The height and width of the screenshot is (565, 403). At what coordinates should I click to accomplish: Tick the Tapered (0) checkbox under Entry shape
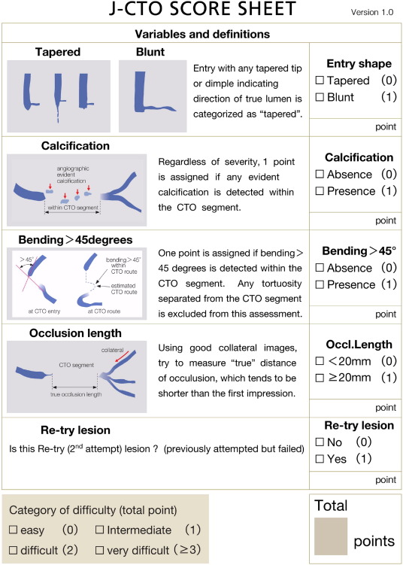click(x=320, y=81)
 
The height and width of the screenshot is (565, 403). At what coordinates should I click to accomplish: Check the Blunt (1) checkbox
click(x=320, y=97)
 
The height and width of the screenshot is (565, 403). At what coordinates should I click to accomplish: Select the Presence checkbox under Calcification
click(x=320, y=191)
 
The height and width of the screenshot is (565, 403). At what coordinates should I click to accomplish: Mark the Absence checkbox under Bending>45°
click(x=320, y=267)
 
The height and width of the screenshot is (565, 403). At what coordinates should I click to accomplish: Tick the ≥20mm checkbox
click(x=320, y=377)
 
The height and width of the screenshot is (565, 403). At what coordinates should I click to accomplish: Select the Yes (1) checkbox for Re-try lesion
click(x=320, y=457)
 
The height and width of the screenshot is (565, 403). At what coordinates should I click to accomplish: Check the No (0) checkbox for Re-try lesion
click(x=320, y=442)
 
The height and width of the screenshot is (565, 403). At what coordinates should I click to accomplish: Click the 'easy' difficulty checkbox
click(x=14, y=529)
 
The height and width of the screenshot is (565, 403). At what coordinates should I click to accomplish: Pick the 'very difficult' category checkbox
click(x=101, y=549)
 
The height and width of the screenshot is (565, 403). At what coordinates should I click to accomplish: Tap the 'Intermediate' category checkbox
click(x=101, y=529)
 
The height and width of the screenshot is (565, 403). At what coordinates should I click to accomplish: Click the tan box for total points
click(x=331, y=537)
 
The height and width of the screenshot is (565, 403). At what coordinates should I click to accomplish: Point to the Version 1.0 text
click(x=374, y=14)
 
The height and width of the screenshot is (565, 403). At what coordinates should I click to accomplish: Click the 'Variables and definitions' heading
click(x=201, y=35)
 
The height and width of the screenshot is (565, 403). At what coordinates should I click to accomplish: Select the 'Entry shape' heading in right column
click(x=357, y=64)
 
